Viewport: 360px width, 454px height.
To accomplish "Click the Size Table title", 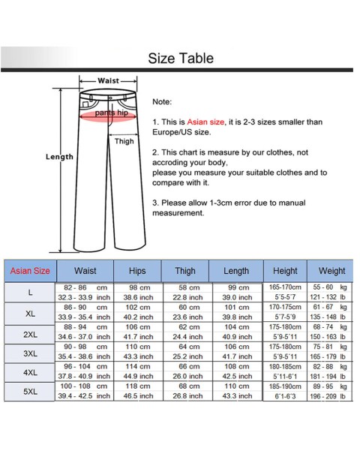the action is pos(180,59).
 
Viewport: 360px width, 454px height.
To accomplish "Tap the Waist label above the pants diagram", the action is pos(108,81).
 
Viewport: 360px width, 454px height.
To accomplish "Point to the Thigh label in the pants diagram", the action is pos(124,141).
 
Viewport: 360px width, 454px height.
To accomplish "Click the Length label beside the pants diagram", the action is pos(59,157).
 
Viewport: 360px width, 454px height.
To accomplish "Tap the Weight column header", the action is pos(331,271).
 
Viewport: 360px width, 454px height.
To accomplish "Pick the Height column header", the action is pos(284,271).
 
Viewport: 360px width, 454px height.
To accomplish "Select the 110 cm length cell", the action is pos(237,386).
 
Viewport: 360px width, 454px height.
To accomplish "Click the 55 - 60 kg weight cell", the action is pos(331,287).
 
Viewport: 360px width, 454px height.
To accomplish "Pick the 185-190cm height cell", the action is pos(284,386).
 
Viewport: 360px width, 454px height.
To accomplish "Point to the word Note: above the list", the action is pos(162,101).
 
